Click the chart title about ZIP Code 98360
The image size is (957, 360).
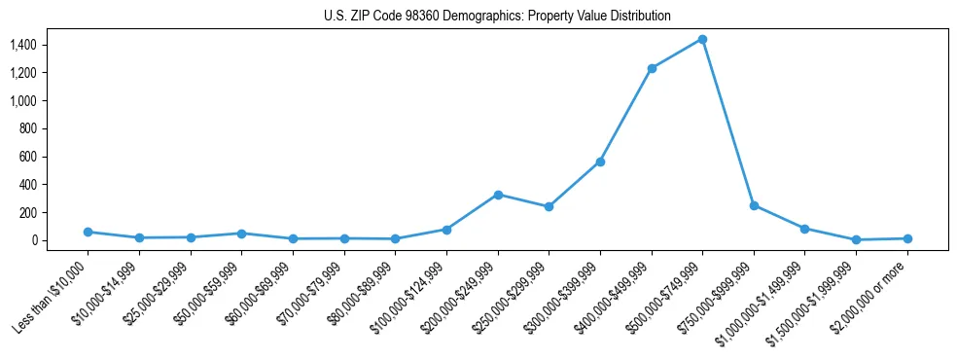tap(497, 17)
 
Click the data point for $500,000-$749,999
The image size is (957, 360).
tap(702, 39)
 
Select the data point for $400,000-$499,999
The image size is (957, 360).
tap(652, 68)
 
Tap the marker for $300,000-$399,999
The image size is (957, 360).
tap(600, 162)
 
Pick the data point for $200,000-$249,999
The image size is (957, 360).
tap(498, 195)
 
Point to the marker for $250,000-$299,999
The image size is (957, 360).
tap(549, 206)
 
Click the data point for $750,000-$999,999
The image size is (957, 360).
tap(754, 205)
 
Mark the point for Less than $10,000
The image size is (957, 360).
tap(88, 232)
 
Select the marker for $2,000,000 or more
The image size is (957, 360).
tap(907, 238)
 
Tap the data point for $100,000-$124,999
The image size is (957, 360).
tap(446, 230)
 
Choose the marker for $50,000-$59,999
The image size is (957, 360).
tap(241, 234)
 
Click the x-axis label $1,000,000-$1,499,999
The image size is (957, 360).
tap(766, 299)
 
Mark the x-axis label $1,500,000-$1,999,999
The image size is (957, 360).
tap(818, 299)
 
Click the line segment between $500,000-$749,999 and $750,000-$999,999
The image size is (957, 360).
tap(728, 123)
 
